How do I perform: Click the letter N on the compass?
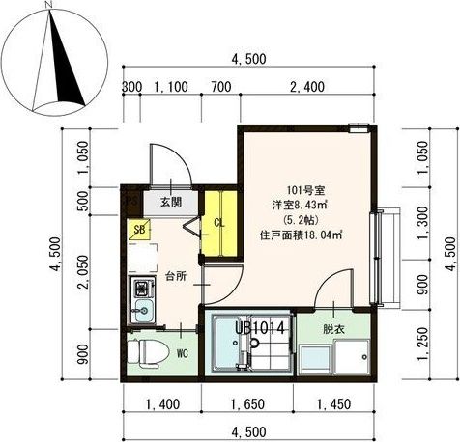(48, 5)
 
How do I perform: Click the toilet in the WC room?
(148, 353)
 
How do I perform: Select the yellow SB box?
(139, 230)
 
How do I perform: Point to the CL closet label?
(219, 223)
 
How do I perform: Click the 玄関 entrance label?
(171, 202)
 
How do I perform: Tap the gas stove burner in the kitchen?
(142, 288)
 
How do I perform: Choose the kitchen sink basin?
(144, 311)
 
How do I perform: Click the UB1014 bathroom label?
(260, 329)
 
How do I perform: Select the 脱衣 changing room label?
(333, 329)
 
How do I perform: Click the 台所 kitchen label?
(176, 276)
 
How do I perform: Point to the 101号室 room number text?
(305, 191)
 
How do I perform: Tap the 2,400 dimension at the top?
(307, 87)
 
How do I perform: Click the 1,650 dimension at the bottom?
(247, 404)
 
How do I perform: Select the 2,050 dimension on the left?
(84, 271)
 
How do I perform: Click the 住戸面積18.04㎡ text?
(301, 235)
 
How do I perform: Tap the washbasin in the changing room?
(315, 359)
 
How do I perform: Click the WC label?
(182, 354)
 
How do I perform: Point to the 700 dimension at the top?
(221, 87)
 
